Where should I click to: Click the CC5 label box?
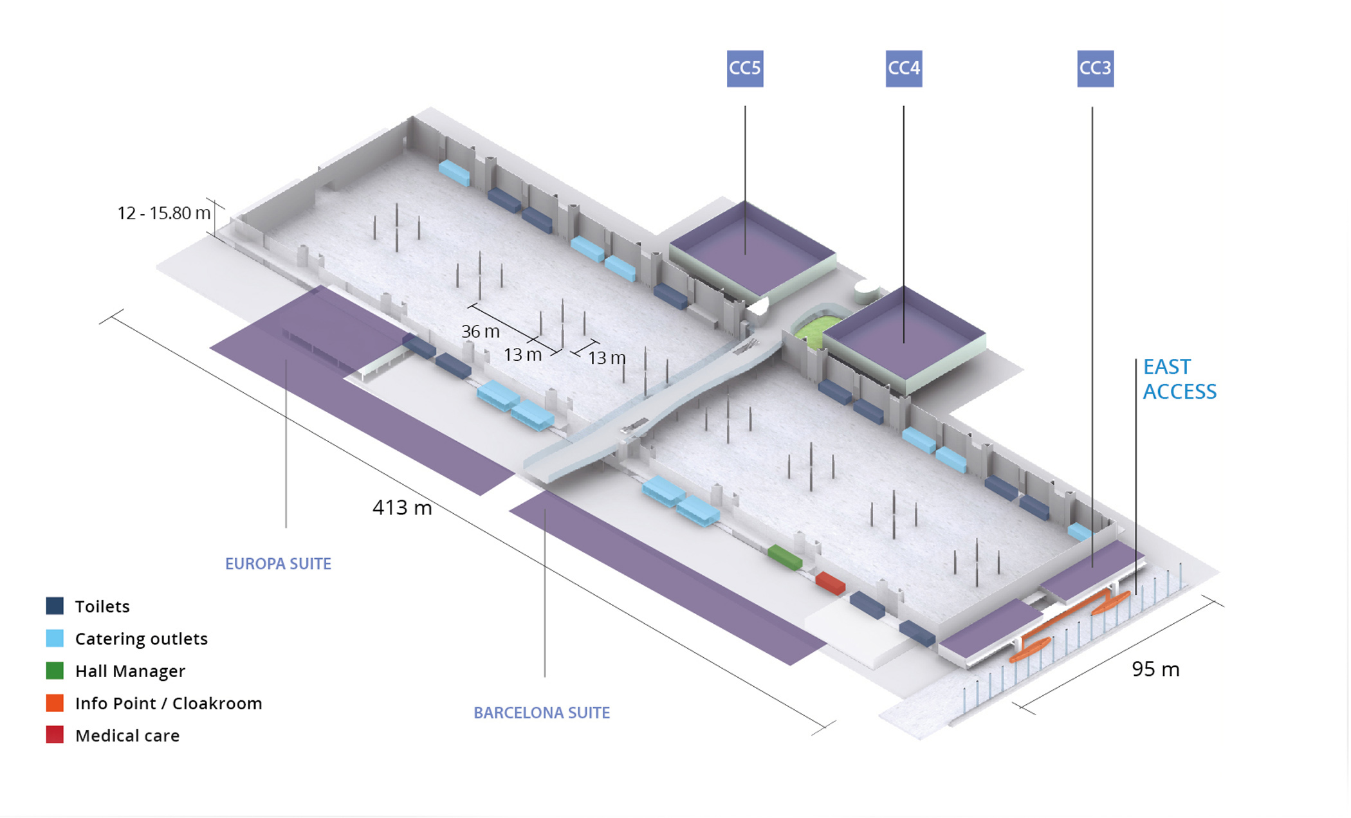pyautogui.click(x=745, y=69)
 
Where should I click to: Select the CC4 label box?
pyautogui.click(x=904, y=69)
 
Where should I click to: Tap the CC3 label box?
pyautogui.click(x=1096, y=69)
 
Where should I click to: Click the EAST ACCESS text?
pyautogui.click(x=1180, y=379)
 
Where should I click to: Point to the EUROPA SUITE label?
pyautogui.click(x=278, y=564)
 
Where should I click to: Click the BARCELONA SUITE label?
pyautogui.click(x=542, y=713)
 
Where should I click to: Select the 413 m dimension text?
pyautogui.click(x=402, y=508)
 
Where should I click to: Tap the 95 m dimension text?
pyautogui.click(x=1155, y=669)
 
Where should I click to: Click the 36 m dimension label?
pyautogui.click(x=481, y=332)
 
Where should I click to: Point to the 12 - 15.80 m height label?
pyautogui.click(x=163, y=214)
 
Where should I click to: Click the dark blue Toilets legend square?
pyautogui.click(x=55, y=606)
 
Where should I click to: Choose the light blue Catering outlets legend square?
pyautogui.click(x=55, y=638)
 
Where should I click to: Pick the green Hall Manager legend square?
pyautogui.click(x=55, y=671)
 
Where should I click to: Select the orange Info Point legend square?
pyautogui.click(x=55, y=703)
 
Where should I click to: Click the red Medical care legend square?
pyautogui.click(x=55, y=735)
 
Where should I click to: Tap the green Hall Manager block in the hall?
pyautogui.click(x=785, y=557)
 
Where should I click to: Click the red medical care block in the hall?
pyautogui.click(x=830, y=583)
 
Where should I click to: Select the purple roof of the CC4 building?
pyautogui.click(x=904, y=332)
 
